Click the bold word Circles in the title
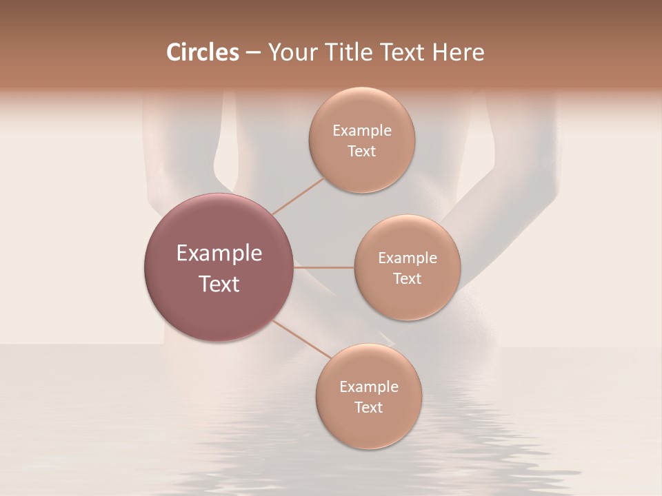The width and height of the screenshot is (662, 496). click(203, 52)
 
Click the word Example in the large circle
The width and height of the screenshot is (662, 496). click(219, 254)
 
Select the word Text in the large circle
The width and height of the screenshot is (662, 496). click(219, 284)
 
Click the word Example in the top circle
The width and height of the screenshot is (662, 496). click(361, 131)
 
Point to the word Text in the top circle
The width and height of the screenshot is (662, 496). click(361, 151)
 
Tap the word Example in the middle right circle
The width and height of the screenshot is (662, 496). click(407, 258)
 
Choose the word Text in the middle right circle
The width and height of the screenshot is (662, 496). click(407, 278)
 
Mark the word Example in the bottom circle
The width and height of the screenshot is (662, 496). click(368, 387)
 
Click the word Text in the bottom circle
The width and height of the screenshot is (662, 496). click(368, 407)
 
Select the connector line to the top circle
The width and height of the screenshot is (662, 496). click(298, 196)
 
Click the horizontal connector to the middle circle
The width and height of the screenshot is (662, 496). click(324, 267)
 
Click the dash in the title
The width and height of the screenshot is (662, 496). click(252, 53)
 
